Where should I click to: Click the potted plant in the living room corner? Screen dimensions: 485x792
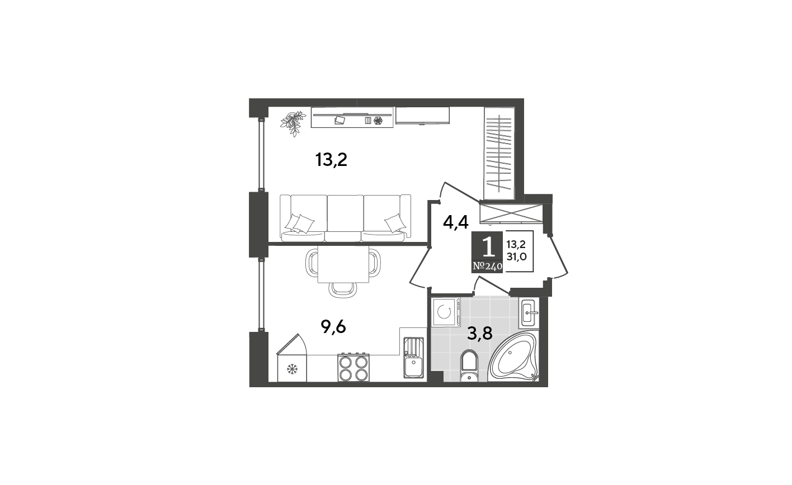tap(293, 122)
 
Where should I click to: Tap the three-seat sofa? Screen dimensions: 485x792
tap(345, 218)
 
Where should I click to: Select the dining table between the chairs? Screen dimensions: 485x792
tap(343, 264)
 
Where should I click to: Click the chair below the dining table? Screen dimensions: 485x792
tap(342, 289)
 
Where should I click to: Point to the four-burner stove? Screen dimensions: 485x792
tap(353, 368)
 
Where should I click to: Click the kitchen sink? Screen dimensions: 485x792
tap(413, 358)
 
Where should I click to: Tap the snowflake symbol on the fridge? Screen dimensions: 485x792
tap(291, 369)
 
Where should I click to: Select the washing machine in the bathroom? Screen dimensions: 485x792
tap(445, 312)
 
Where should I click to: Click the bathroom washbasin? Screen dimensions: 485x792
tap(529, 313)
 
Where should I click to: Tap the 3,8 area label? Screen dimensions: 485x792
tap(479, 334)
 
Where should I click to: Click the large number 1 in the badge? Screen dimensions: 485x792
tap(488, 246)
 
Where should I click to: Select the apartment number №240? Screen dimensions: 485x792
tap(487, 266)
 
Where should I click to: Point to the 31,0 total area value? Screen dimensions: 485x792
tap(516, 256)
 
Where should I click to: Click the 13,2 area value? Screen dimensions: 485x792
tap(516, 244)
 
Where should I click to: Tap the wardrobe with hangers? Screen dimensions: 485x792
tap(499, 153)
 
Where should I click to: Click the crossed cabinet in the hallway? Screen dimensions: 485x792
tap(511, 213)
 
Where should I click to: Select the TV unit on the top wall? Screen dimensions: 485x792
tap(422, 115)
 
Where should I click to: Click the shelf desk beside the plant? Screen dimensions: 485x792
tap(352, 117)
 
